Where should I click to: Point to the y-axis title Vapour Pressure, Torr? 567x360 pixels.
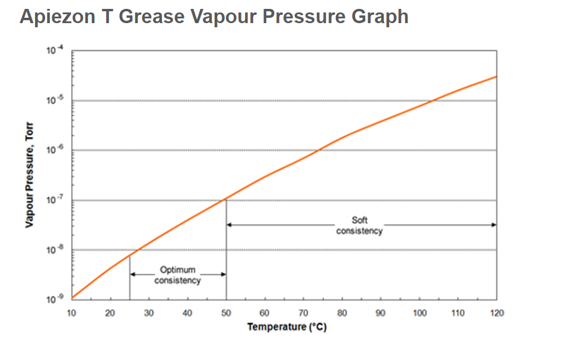[28, 175]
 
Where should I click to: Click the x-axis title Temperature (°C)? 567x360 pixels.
[286, 327]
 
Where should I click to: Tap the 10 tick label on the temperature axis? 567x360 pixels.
[71, 313]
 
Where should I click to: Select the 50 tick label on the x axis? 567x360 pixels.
[226, 313]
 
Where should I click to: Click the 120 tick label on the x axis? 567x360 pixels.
[496, 313]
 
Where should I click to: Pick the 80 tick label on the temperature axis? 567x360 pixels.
[342, 313]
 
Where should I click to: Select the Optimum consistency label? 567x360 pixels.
[177, 275]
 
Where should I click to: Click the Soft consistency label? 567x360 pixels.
[359, 225]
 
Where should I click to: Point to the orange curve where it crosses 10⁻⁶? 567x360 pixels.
[320, 150]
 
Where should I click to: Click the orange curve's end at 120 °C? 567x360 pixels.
[496, 77]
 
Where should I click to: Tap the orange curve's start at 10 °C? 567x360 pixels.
[72, 298]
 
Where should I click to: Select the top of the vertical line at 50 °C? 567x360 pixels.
[227, 200]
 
